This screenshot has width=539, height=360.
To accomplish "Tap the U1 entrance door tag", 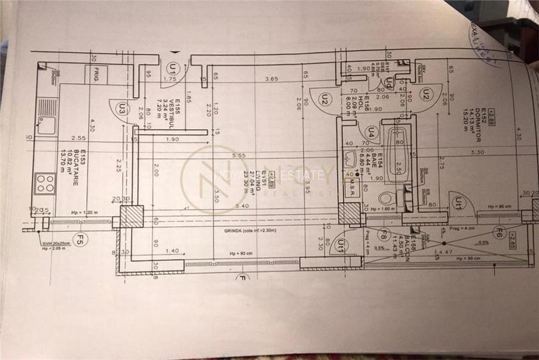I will tap(171, 67).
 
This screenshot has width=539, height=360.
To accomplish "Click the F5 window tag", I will tap(80, 240).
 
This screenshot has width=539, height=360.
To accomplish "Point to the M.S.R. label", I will tap(352, 189).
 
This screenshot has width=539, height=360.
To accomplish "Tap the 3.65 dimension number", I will tap(270, 79).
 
